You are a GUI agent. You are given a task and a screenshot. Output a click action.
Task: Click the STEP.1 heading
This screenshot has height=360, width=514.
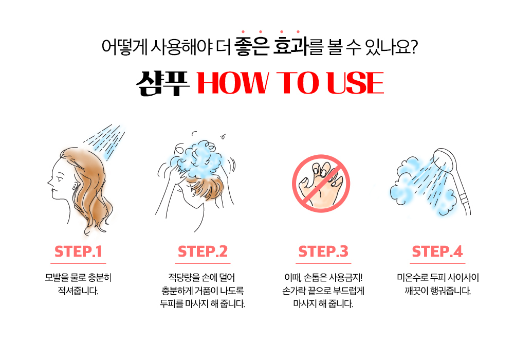point(78,251)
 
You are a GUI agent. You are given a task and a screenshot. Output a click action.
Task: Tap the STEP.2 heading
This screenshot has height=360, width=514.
point(203,251)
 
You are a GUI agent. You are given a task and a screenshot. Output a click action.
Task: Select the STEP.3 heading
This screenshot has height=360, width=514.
point(323,251)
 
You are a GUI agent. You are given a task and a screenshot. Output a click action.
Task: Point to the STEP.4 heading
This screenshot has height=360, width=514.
point(437,251)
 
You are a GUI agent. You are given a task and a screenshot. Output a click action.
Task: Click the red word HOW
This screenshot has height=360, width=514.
point(233,83)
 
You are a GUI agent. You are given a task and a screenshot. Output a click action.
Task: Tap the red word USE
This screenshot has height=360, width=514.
point(355,83)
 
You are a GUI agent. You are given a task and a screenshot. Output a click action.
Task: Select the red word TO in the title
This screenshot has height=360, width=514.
point(298,83)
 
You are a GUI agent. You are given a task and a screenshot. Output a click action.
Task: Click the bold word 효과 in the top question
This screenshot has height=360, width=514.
point(291,46)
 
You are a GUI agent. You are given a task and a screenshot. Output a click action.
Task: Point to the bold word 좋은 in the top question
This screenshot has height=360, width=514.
point(252,46)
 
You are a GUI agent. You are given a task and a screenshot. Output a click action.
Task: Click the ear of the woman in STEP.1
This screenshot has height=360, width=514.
point(75,186)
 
